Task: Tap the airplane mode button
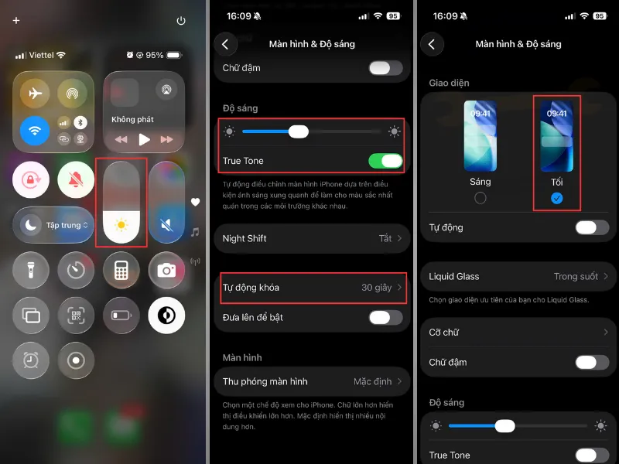(35, 94)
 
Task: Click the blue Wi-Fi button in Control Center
(35, 131)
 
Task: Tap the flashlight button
(31, 270)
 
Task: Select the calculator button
(121, 270)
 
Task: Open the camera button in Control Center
(166, 270)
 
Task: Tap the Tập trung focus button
(53, 225)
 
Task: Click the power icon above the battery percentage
(181, 21)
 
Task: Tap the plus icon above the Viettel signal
(16, 21)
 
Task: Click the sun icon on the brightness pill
(121, 225)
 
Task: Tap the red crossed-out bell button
(76, 180)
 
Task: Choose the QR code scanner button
(76, 316)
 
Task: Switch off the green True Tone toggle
(385, 161)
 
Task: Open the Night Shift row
(312, 238)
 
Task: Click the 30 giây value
(376, 288)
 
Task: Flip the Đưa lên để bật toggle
(385, 318)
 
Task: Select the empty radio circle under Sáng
(480, 198)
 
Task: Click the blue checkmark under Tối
(556, 198)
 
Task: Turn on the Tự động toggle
(592, 227)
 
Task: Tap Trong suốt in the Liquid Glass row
(576, 277)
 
